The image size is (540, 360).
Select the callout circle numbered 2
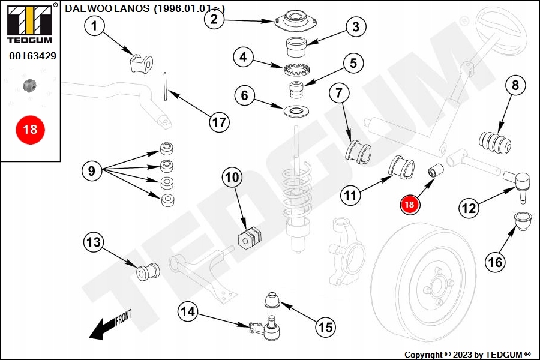coord(214,19)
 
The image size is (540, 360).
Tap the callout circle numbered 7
coord(338,93)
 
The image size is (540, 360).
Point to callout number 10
coord(232,177)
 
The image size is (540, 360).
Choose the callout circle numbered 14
coord(188,311)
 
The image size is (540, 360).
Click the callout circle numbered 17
coord(220,122)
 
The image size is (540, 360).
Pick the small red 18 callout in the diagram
coord(410,204)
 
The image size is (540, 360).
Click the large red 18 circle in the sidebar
coord(29,129)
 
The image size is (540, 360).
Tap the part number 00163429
coord(32,56)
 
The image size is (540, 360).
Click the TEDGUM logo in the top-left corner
coord(30,23)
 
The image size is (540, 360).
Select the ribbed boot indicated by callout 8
coord(496,142)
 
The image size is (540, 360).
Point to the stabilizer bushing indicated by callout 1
coord(142,62)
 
